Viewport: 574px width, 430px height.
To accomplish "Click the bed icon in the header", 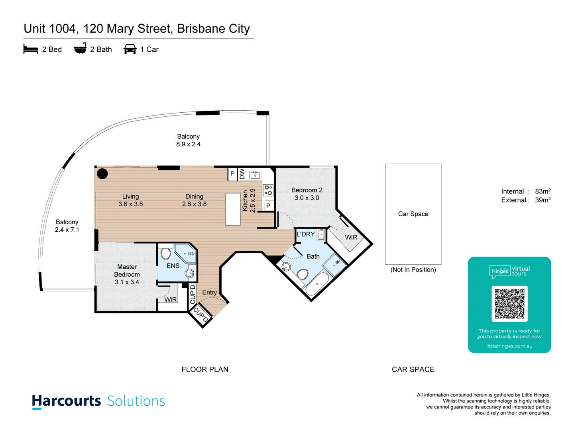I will point(31,49).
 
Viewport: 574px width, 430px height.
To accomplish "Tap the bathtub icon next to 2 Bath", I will point(80,49).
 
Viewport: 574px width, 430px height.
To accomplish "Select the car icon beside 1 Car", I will point(130,49).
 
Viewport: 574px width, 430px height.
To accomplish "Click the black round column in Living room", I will point(102,174).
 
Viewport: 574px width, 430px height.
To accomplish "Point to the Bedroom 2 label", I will point(307,190).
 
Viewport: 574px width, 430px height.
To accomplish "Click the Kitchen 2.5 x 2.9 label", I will point(248,201).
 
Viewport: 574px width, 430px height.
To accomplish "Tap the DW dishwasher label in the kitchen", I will point(242,174).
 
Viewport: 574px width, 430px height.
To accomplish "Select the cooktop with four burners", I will point(268,190).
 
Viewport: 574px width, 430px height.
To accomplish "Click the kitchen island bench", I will point(233,209).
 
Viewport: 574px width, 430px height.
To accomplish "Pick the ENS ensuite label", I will point(173,266).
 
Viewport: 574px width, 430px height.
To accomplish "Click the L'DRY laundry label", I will point(305,234).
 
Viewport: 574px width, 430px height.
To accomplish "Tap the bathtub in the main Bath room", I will point(317,284).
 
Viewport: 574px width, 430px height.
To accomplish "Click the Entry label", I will point(209,292).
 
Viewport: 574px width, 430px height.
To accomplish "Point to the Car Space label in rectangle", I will point(413,214).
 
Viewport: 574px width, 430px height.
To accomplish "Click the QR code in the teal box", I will point(509,304).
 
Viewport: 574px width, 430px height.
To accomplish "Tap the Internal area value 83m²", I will point(543,192).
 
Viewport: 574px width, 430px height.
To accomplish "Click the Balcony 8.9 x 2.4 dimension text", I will point(188,144).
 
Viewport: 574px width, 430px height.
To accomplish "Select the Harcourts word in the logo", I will point(67,401).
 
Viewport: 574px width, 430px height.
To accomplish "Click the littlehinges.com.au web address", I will point(509,346).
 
